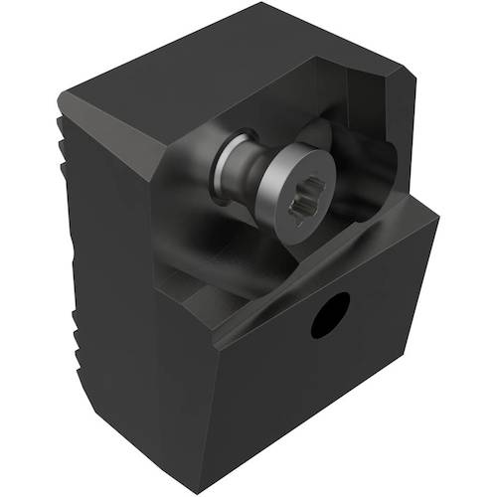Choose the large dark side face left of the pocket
[129, 298]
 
